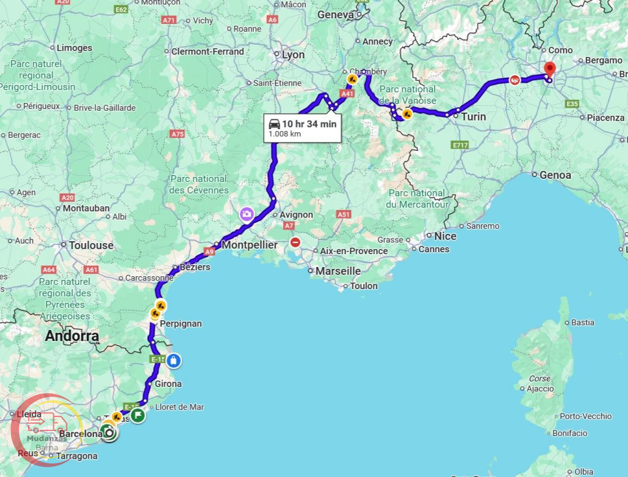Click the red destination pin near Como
[x=549, y=69]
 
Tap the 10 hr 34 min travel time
[x=309, y=124]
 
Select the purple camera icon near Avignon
[x=247, y=214]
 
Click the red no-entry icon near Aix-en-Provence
[x=296, y=242]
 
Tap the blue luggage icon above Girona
[x=174, y=361]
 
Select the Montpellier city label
[x=250, y=245]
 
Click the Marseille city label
[x=338, y=271]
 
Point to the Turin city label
[x=473, y=116]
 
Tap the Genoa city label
[x=555, y=175]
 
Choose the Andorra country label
[x=72, y=336]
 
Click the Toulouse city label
[x=91, y=245]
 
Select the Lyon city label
[x=293, y=55]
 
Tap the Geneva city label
[x=335, y=15]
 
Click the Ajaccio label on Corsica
[x=540, y=389]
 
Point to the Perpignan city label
[x=180, y=323]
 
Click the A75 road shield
[x=178, y=133]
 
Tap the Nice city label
[x=445, y=236]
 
